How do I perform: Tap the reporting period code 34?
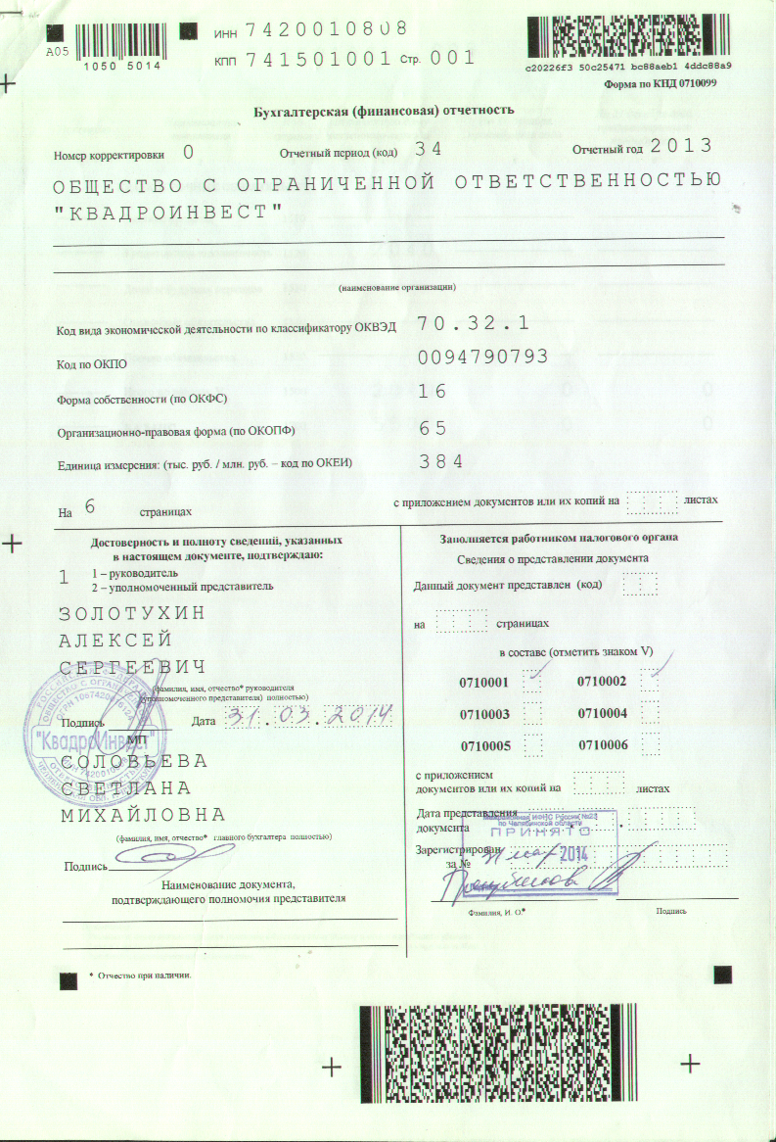click(x=429, y=149)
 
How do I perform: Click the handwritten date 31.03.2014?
click(x=307, y=718)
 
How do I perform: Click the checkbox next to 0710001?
click(x=533, y=680)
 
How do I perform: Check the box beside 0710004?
click(x=651, y=712)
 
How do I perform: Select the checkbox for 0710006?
click(x=651, y=744)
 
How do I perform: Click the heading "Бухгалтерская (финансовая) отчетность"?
click(x=383, y=110)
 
